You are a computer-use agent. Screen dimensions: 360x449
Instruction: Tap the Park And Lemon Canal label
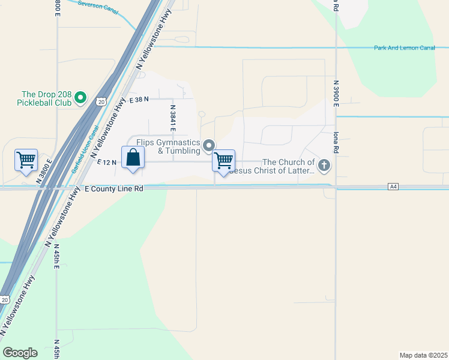pyautogui.click(x=404, y=47)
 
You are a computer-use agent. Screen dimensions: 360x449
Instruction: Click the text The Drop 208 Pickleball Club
pyautogui.click(x=46, y=98)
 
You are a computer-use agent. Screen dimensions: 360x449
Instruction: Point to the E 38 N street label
pyautogui.click(x=138, y=99)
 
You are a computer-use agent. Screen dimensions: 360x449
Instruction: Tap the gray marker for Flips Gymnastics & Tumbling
pyautogui.click(x=209, y=145)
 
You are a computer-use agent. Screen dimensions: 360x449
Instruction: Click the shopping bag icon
pyautogui.click(x=133, y=158)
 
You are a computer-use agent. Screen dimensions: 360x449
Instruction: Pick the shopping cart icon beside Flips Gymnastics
pyautogui.click(x=223, y=161)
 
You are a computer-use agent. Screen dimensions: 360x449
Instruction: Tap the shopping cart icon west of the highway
pyautogui.click(x=26, y=160)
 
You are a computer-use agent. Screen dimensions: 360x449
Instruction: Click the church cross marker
pyautogui.click(x=324, y=165)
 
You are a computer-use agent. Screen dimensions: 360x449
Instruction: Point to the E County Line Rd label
pyautogui.click(x=113, y=188)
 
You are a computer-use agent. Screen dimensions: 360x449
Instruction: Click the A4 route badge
pyautogui.click(x=393, y=187)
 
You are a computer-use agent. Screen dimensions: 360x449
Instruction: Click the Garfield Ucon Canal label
pyautogui.click(x=84, y=149)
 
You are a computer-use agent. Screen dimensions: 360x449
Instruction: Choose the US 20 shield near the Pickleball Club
pyautogui.click(x=102, y=101)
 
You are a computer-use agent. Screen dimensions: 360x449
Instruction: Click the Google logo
pyautogui.click(x=20, y=353)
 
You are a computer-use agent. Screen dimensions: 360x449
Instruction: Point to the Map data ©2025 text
pyautogui.click(x=423, y=355)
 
